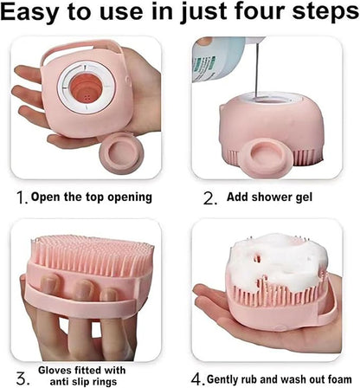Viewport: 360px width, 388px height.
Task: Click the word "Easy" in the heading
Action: [x=31, y=13]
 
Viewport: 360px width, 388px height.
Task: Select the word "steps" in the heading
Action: [x=325, y=13]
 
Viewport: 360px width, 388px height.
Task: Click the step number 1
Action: [x=22, y=197]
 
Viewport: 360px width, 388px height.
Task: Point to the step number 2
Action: [x=209, y=197]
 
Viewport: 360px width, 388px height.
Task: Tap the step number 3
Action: [x=23, y=378]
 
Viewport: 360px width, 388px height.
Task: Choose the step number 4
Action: [x=197, y=379]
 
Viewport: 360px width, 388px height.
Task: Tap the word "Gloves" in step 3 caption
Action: [x=55, y=370]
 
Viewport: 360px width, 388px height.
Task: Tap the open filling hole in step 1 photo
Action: [x=86, y=88]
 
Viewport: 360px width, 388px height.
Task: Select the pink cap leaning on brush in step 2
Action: [x=267, y=155]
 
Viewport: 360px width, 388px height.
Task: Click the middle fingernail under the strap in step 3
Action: [x=84, y=288]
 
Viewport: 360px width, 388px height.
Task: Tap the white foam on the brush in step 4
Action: [x=280, y=259]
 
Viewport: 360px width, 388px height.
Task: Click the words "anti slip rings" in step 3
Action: [x=83, y=381]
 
